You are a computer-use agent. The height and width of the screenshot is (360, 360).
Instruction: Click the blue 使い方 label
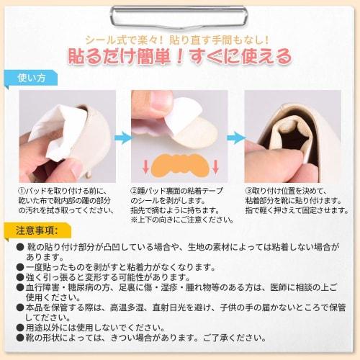(35, 77)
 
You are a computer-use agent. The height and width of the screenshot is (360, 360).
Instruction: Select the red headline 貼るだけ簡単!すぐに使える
(179, 55)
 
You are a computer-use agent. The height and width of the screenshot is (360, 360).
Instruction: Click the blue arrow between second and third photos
(235, 137)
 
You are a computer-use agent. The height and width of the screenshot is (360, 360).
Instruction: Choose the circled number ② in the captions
(135, 191)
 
